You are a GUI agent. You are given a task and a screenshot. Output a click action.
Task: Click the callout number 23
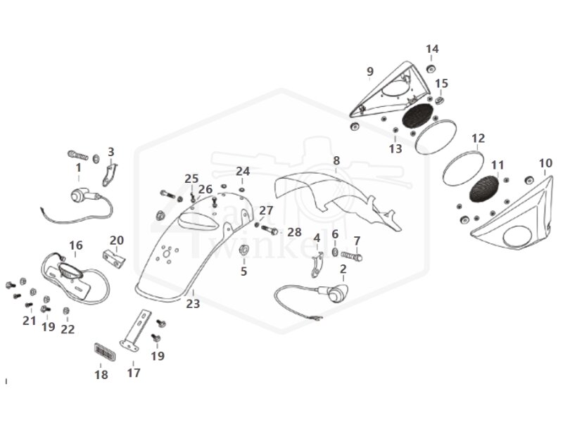[193, 304]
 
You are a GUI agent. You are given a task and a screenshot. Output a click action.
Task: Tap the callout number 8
[336, 161]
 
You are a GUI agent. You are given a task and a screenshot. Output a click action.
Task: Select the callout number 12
[479, 138]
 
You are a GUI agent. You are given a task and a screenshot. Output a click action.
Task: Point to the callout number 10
[545, 163]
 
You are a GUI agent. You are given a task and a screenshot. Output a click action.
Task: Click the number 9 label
[370, 71]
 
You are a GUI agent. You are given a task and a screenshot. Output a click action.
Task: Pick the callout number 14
[432, 49]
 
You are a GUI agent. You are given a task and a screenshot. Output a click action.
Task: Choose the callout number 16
[75, 245]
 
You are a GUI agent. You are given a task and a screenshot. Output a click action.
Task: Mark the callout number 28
[294, 232]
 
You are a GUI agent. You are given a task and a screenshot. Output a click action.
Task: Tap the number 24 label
[243, 171]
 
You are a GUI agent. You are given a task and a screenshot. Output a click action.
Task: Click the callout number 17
[134, 373]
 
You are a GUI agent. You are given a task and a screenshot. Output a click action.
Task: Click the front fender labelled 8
[338, 200]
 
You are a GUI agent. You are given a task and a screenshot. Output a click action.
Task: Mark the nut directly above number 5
[243, 251]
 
